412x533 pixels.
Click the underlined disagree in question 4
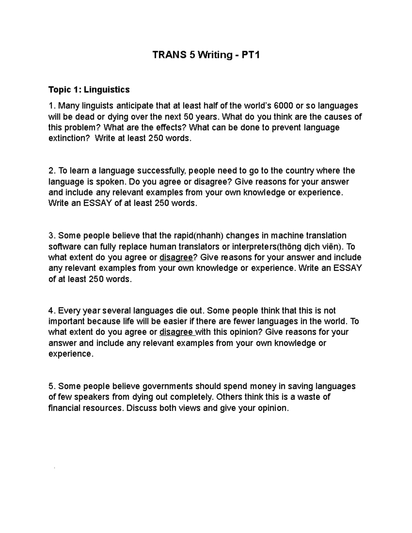click(x=176, y=332)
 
